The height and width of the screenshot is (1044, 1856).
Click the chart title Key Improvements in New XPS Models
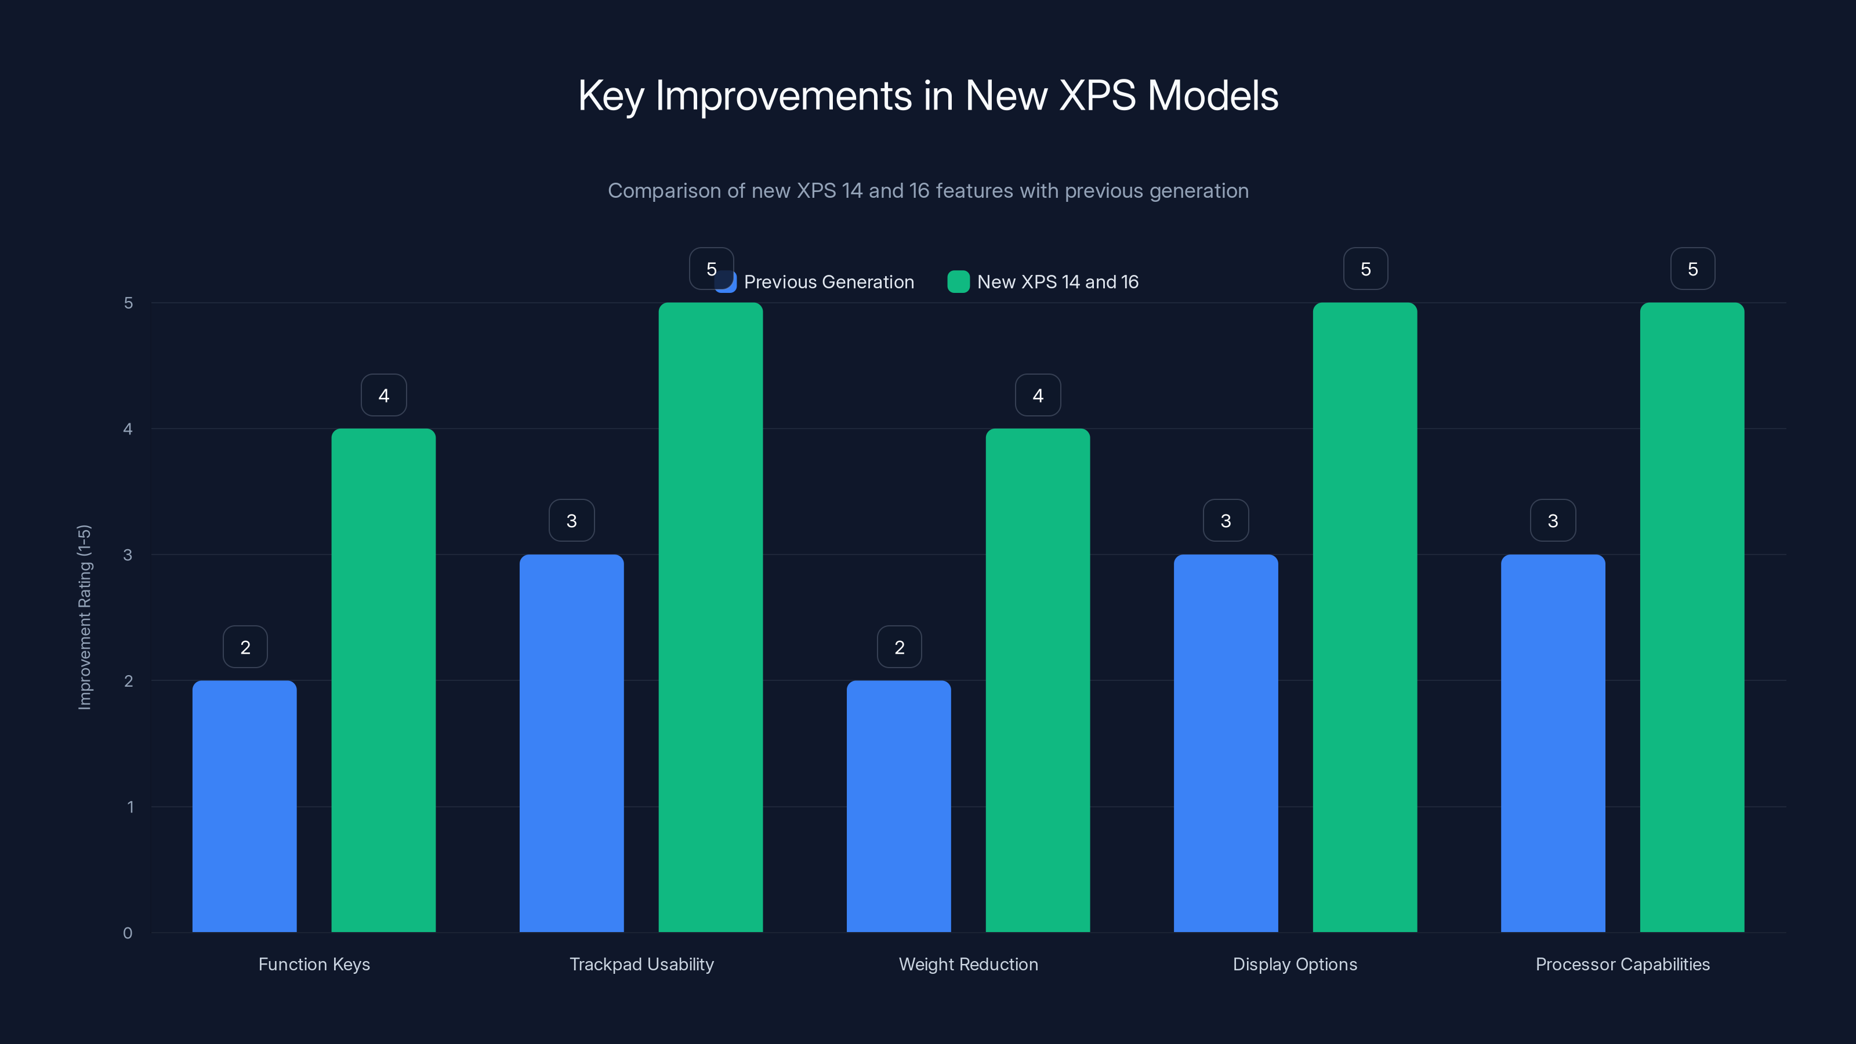click(927, 96)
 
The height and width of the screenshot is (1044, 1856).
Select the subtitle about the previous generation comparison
click(927, 191)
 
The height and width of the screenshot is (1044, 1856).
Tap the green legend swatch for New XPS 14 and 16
click(958, 282)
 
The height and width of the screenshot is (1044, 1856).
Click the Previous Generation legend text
click(829, 282)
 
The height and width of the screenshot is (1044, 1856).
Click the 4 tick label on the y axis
click(128, 429)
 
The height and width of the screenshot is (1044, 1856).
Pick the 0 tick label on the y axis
click(128, 933)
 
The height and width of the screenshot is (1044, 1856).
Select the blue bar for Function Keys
click(244, 807)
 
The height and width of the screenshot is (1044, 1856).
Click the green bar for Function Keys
click(383, 681)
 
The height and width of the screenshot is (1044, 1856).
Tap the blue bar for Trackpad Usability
click(571, 744)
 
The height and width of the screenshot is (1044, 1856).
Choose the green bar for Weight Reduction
click(1038, 681)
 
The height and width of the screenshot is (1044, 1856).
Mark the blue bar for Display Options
click(1226, 744)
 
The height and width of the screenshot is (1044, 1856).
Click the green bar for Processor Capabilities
click(1692, 618)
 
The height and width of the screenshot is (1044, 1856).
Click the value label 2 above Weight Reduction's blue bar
click(899, 647)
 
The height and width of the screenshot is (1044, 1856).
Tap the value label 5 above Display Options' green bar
click(1365, 269)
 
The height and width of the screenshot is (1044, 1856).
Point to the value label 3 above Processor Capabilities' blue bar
click(1553, 520)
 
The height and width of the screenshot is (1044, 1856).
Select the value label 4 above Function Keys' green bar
click(383, 395)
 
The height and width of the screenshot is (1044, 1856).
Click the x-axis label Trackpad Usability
click(641, 964)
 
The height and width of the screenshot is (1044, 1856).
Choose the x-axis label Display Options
click(1295, 964)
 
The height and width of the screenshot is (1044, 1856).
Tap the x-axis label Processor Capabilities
click(1622, 964)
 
